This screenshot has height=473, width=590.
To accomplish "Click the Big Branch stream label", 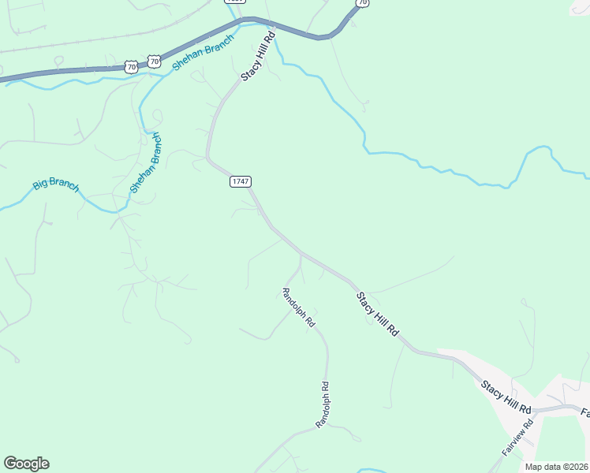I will [56, 185].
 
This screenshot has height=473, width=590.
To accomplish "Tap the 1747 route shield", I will [241, 181].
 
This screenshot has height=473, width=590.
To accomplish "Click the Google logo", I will [26, 464].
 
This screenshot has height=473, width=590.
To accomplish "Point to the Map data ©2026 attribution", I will [556, 467].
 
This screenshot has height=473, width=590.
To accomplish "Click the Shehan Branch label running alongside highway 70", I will [203, 53].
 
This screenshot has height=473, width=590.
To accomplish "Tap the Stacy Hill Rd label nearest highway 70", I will [259, 56].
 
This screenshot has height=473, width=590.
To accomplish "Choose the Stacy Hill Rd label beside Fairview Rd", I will [506, 396].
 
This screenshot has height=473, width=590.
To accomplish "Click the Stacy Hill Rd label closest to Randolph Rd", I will [378, 315].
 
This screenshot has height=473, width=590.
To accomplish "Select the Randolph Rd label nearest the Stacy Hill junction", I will [299, 307].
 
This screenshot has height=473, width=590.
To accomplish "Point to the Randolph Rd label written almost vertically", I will [322, 404].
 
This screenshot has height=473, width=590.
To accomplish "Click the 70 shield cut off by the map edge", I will [361, 3].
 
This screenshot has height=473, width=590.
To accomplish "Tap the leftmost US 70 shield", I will [131, 68].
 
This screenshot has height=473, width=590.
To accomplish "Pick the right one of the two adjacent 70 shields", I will [154, 61].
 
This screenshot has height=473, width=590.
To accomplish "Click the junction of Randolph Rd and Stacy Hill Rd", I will [300, 254].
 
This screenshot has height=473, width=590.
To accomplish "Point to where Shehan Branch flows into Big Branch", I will [118, 211].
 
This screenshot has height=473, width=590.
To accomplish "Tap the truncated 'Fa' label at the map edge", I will [585, 412].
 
